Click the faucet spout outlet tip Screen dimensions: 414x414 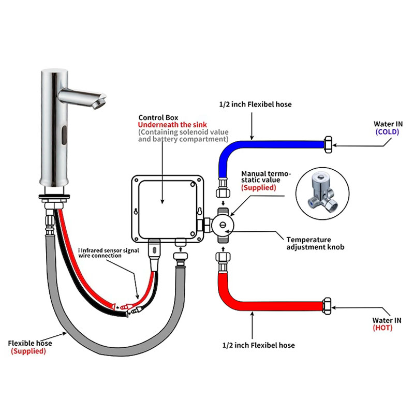click(x=100, y=104)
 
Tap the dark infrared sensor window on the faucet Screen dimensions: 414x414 click(x=64, y=135)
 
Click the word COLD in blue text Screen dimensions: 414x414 click(x=387, y=132)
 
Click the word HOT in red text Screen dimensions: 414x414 click(x=382, y=328)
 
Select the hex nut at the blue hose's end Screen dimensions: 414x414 click(x=328, y=145)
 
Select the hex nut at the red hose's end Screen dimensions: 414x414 click(x=327, y=306)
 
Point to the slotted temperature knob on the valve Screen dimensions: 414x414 click(x=223, y=225)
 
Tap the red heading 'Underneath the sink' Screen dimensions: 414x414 click(x=172, y=125)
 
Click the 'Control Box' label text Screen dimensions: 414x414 click(x=158, y=117)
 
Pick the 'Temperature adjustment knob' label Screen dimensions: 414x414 click(x=315, y=243)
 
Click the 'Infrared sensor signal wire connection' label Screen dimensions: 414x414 click(x=109, y=253)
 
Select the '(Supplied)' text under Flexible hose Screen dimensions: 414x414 click(x=28, y=351)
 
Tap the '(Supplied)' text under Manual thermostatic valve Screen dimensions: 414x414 click(x=258, y=188)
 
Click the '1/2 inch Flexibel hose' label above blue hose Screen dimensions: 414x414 click(x=255, y=105)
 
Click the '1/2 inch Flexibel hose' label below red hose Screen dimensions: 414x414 click(x=258, y=345)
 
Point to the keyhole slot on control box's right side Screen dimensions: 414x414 click(x=200, y=211)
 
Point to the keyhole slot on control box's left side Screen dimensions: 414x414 click(x=136, y=211)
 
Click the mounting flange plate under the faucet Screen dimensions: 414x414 click(x=54, y=197)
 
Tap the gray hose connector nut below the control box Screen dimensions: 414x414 click(x=181, y=256)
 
